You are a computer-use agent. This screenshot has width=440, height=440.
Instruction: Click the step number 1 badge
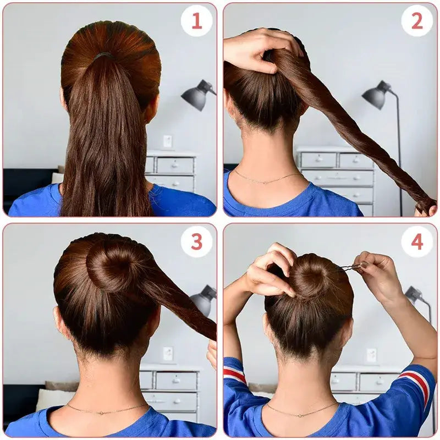(x=196, y=20)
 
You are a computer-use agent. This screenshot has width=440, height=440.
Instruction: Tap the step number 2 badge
(x=416, y=20)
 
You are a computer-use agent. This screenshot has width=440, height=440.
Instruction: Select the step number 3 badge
(x=196, y=241)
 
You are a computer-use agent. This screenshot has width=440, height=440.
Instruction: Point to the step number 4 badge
(x=416, y=241)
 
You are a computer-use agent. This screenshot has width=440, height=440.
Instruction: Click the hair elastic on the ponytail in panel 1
(x=103, y=56)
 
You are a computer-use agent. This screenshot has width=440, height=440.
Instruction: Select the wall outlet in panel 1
(x=167, y=141)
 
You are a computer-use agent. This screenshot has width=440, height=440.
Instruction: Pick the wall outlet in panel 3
(x=168, y=353)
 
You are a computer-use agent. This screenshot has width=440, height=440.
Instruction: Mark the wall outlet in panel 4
(x=372, y=355)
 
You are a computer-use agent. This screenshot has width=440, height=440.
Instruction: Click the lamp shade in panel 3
(x=203, y=300)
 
